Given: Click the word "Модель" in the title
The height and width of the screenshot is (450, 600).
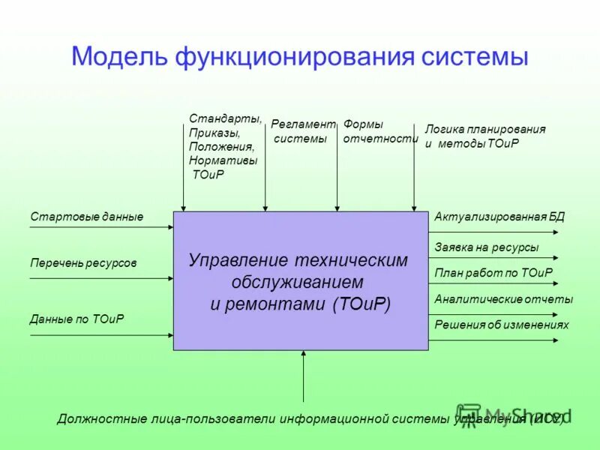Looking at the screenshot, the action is [x=119, y=57].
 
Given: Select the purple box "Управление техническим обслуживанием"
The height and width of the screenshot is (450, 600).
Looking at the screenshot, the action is [x=300, y=281].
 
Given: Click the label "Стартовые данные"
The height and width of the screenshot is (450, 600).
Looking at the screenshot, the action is [x=86, y=217].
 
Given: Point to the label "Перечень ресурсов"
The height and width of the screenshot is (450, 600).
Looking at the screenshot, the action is [x=83, y=263].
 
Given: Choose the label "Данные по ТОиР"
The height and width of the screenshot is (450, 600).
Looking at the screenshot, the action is [x=77, y=319].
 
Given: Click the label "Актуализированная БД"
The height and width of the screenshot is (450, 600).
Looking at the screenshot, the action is [x=499, y=217].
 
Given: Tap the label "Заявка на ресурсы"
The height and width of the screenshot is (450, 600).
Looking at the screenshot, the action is [x=486, y=247].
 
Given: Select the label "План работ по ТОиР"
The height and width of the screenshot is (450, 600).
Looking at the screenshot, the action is [x=493, y=273].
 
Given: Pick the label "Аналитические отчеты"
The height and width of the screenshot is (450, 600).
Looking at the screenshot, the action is [x=503, y=299].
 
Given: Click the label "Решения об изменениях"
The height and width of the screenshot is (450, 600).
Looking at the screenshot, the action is [x=502, y=325].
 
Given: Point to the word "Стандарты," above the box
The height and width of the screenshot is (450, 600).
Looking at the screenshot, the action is [x=226, y=118].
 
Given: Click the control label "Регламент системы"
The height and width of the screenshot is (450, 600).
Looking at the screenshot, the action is [x=302, y=131].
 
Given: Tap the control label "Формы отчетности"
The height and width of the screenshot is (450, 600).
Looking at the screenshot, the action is [x=379, y=131].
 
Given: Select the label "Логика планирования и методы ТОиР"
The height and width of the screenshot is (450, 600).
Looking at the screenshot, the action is [x=484, y=136].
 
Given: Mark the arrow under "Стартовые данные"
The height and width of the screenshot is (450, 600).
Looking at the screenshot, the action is [x=101, y=227].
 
